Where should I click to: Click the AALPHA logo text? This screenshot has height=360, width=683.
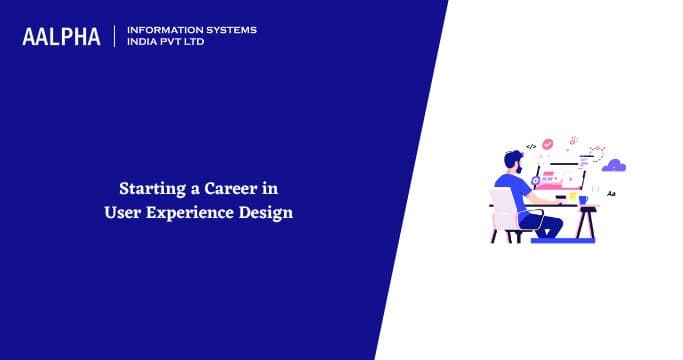[62, 36]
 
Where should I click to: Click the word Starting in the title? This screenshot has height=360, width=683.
[148, 187]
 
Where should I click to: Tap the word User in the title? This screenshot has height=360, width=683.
[122, 211]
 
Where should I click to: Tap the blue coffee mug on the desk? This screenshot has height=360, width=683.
[583, 198]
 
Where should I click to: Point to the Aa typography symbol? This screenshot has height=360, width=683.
[611, 193]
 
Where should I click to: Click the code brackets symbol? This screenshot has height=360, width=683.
[532, 146]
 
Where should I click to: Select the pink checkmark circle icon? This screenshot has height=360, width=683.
[547, 143]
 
